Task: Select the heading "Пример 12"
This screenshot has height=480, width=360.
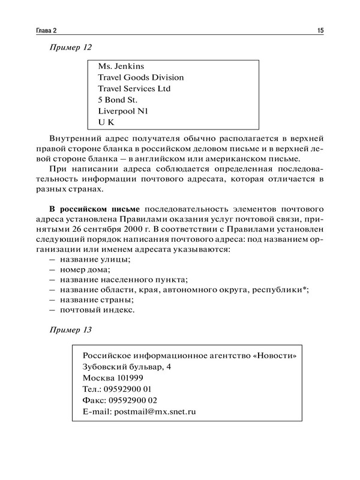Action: (70, 47)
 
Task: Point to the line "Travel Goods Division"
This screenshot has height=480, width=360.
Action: (140, 77)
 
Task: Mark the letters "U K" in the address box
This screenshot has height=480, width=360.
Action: (106, 122)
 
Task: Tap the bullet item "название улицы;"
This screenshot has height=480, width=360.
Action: (94, 259)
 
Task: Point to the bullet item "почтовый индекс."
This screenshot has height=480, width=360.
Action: (97, 310)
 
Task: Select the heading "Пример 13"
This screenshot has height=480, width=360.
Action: (70, 330)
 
